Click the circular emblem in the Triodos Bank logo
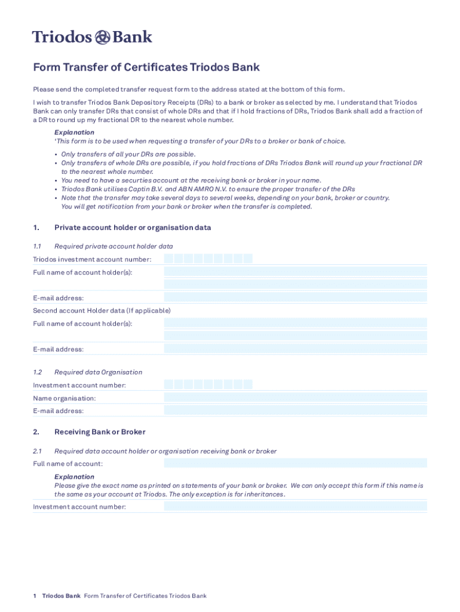pyautogui.click(x=103, y=37)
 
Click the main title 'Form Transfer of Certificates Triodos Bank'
pyautogui.click(x=146, y=68)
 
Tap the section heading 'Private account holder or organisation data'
pyautogui.click(x=133, y=228)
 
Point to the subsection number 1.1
pyautogui.click(x=37, y=246)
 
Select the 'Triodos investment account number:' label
pyautogui.click(x=92, y=259)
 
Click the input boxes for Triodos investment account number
pyautogui.click(x=208, y=259)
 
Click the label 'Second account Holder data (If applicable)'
pyautogui.click(x=102, y=311)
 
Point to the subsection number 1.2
pyautogui.click(x=37, y=372)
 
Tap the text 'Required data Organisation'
pyautogui.click(x=98, y=372)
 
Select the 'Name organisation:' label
pyautogui.click(x=65, y=398)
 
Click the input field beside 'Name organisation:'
pyautogui.click(x=295, y=397)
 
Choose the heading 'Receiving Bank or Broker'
pyautogui.click(x=100, y=432)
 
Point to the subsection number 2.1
pyautogui.click(x=37, y=451)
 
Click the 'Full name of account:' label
pyautogui.click(x=68, y=464)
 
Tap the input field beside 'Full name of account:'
pyautogui.click(x=295, y=463)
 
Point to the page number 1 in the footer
pyautogui.click(x=35, y=596)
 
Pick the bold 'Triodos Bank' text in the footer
pyautogui.click(x=61, y=596)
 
